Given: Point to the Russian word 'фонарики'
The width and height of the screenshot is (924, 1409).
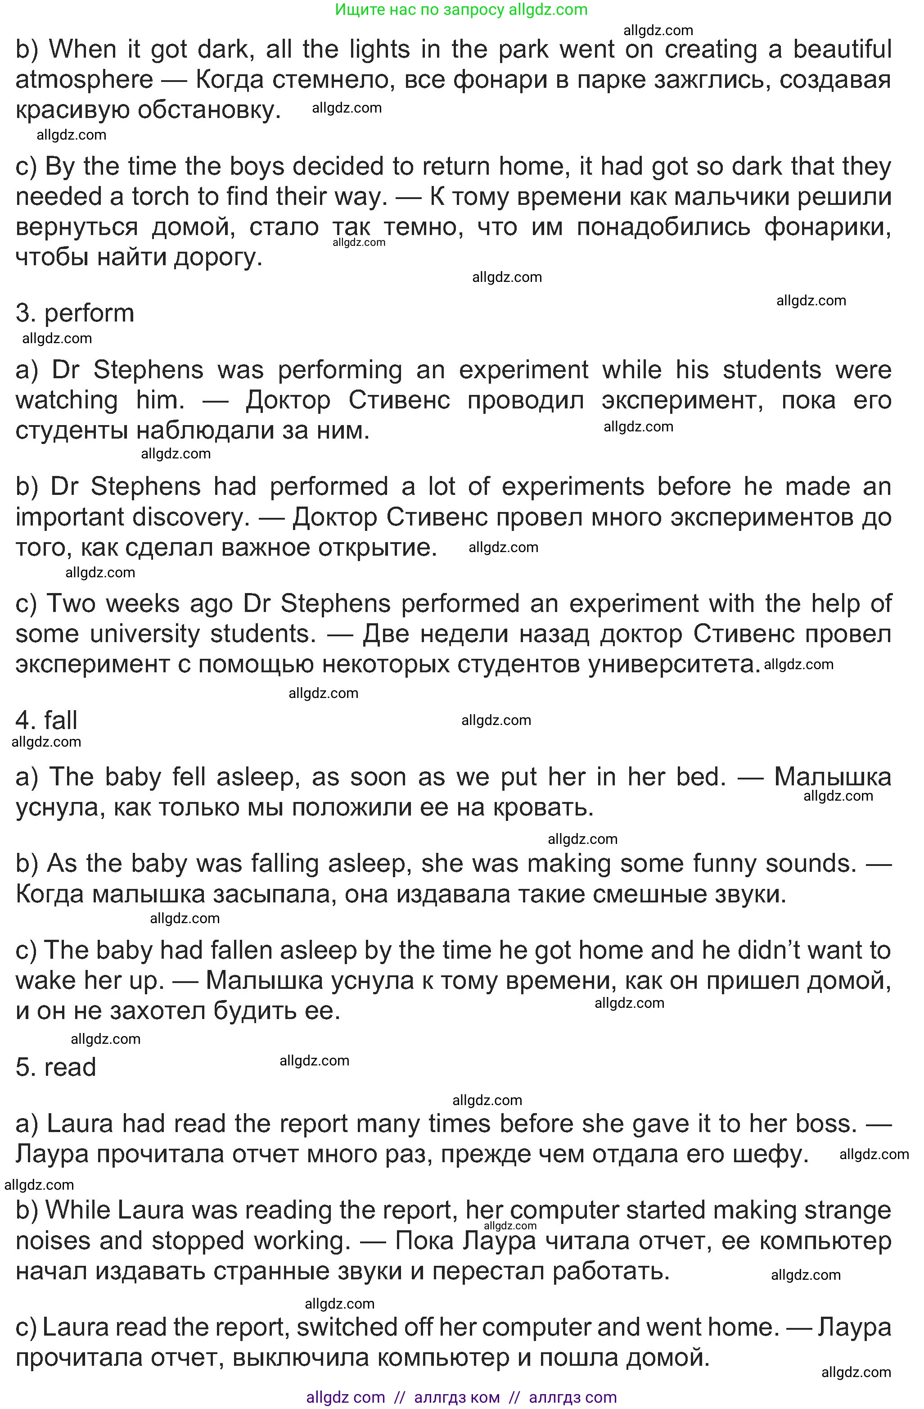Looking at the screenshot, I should click(827, 227).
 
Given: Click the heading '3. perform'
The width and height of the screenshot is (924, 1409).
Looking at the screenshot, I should click(75, 313).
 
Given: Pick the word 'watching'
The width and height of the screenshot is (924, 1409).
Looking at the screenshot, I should click(67, 400).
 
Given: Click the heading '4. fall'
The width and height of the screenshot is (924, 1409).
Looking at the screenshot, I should click(47, 720).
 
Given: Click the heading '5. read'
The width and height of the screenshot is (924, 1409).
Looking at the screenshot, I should click(56, 1067).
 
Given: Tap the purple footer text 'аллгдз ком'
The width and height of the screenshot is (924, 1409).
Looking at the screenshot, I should click(457, 1398).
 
